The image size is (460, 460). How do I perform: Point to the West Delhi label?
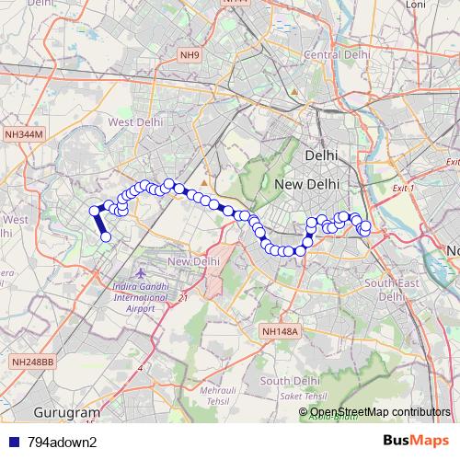pyautogui.click(x=134, y=122)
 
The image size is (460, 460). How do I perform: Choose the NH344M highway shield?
pyautogui.click(x=24, y=134)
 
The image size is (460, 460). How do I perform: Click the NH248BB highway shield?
pyautogui.click(x=33, y=363)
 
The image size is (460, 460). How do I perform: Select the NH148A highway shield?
pyautogui.click(x=281, y=331)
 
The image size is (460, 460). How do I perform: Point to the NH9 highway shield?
pyautogui.click(x=189, y=56)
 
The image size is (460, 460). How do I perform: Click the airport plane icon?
pyautogui.click(x=140, y=273)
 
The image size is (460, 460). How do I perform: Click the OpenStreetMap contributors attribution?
pyautogui.click(x=380, y=412)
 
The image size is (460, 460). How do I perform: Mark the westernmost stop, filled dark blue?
pyautogui.click(x=94, y=211)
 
